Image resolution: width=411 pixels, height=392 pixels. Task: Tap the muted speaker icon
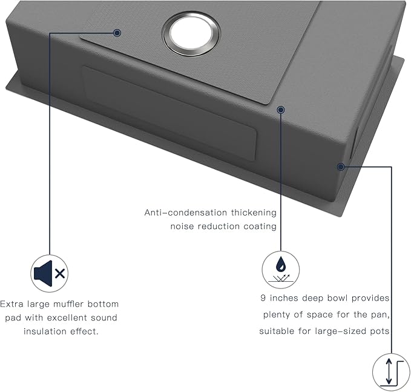(x=50, y=273)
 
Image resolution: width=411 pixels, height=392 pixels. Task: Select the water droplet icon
(x=281, y=264)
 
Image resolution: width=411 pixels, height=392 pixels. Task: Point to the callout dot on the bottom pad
(x=117, y=33)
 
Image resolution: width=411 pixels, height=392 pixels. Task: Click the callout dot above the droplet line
(x=281, y=110)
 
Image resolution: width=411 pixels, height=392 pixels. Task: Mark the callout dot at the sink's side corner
(x=341, y=167)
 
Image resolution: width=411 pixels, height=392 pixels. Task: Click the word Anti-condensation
(x=186, y=212)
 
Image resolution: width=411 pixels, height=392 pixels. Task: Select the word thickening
(x=254, y=213)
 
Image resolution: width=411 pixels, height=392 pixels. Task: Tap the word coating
(x=260, y=227)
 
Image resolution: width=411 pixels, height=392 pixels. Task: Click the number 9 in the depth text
(x=263, y=298)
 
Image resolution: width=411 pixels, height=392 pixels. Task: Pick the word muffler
(x=68, y=304)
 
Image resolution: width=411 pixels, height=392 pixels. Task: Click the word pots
(x=380, y=331)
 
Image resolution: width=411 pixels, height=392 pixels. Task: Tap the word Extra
(x=12, y=304)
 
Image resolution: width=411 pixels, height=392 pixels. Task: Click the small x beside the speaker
(x=61, y=274)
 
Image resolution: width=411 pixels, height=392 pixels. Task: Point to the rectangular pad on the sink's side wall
(x=169, y=113)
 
